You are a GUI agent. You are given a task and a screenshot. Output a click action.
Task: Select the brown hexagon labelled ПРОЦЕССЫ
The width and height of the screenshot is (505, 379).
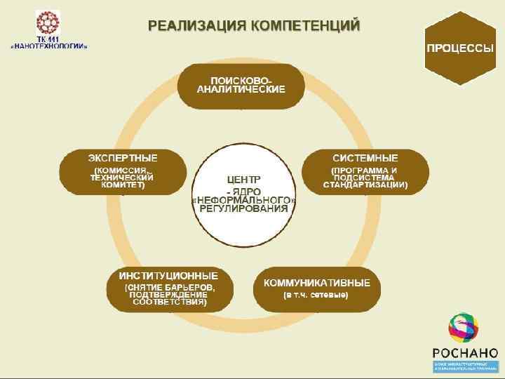click(460, 48)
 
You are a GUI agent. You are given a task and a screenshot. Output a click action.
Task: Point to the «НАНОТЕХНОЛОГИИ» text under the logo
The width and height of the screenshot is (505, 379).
click(49, 46)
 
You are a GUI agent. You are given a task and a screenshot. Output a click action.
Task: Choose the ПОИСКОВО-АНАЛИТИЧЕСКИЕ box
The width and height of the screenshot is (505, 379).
click(241, 84)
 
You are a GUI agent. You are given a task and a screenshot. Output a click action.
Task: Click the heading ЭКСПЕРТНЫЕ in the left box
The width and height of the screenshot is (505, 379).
click(123, 157)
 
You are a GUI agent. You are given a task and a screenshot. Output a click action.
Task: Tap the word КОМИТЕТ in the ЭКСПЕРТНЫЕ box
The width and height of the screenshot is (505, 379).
click(123, 185)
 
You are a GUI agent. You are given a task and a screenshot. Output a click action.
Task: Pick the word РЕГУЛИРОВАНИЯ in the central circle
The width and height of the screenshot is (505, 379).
click(244, 209)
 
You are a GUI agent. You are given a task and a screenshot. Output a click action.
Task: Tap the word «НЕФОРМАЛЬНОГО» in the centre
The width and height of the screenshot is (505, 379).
click(244, 199)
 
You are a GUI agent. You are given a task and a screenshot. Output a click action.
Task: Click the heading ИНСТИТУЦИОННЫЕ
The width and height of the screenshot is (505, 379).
click(168, 276)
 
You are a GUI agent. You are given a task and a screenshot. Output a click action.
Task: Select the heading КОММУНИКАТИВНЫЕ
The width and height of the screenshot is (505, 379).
click(322, 283)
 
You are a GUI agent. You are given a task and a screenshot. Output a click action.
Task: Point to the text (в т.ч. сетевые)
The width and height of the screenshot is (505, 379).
click(316, 295)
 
